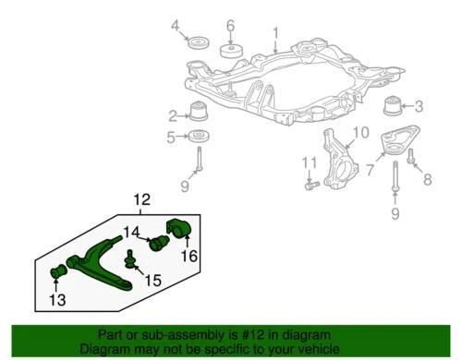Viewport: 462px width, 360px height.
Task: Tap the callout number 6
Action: pyautogui.click(x=231, y=24)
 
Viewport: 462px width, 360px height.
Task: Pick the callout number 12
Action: pyautogui.click(x=141, y=198)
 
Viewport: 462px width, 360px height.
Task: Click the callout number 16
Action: pyautogui.click(x=189, y=255)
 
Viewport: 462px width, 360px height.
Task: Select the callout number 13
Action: pyautogui.click(x=56, y=299)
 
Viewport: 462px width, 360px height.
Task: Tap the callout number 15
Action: pyautogui.click(x=152, y=280)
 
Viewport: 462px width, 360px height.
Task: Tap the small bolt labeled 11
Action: pyautogui.click(x=310, y=185)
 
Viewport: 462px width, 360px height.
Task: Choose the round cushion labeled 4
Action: pyautogui.click(x=196, y=43)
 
